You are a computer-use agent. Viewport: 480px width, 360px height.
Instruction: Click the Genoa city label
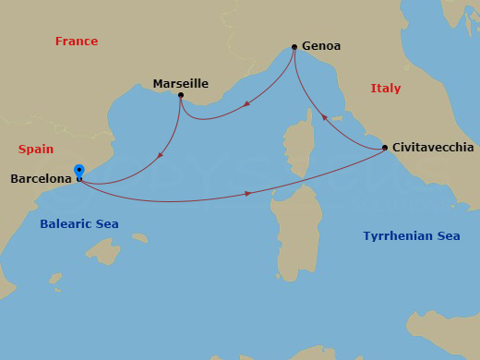[320, 46]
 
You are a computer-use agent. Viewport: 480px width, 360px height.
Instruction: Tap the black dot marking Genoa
[294, 47]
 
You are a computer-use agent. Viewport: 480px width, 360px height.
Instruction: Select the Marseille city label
[180, 84]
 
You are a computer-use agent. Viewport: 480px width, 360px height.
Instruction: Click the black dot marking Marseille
[181, 95]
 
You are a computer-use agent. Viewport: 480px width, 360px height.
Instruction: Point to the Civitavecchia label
[433, 148]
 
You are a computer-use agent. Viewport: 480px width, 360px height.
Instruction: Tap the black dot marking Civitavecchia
[385, 148]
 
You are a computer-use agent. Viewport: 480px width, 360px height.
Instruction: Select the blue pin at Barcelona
[79, 172]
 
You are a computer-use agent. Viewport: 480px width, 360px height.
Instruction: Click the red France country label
[77, 42]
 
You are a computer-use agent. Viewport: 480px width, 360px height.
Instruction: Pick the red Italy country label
[386, 89]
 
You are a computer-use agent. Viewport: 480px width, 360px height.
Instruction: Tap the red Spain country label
[36, 149]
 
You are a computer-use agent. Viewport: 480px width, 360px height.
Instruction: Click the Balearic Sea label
[79, 224]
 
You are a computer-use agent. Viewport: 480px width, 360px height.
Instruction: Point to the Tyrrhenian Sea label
[411, 236]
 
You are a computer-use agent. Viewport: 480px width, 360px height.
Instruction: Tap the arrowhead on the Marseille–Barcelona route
[161, 153]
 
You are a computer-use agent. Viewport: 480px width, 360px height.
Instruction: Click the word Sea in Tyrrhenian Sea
[448, 236]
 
